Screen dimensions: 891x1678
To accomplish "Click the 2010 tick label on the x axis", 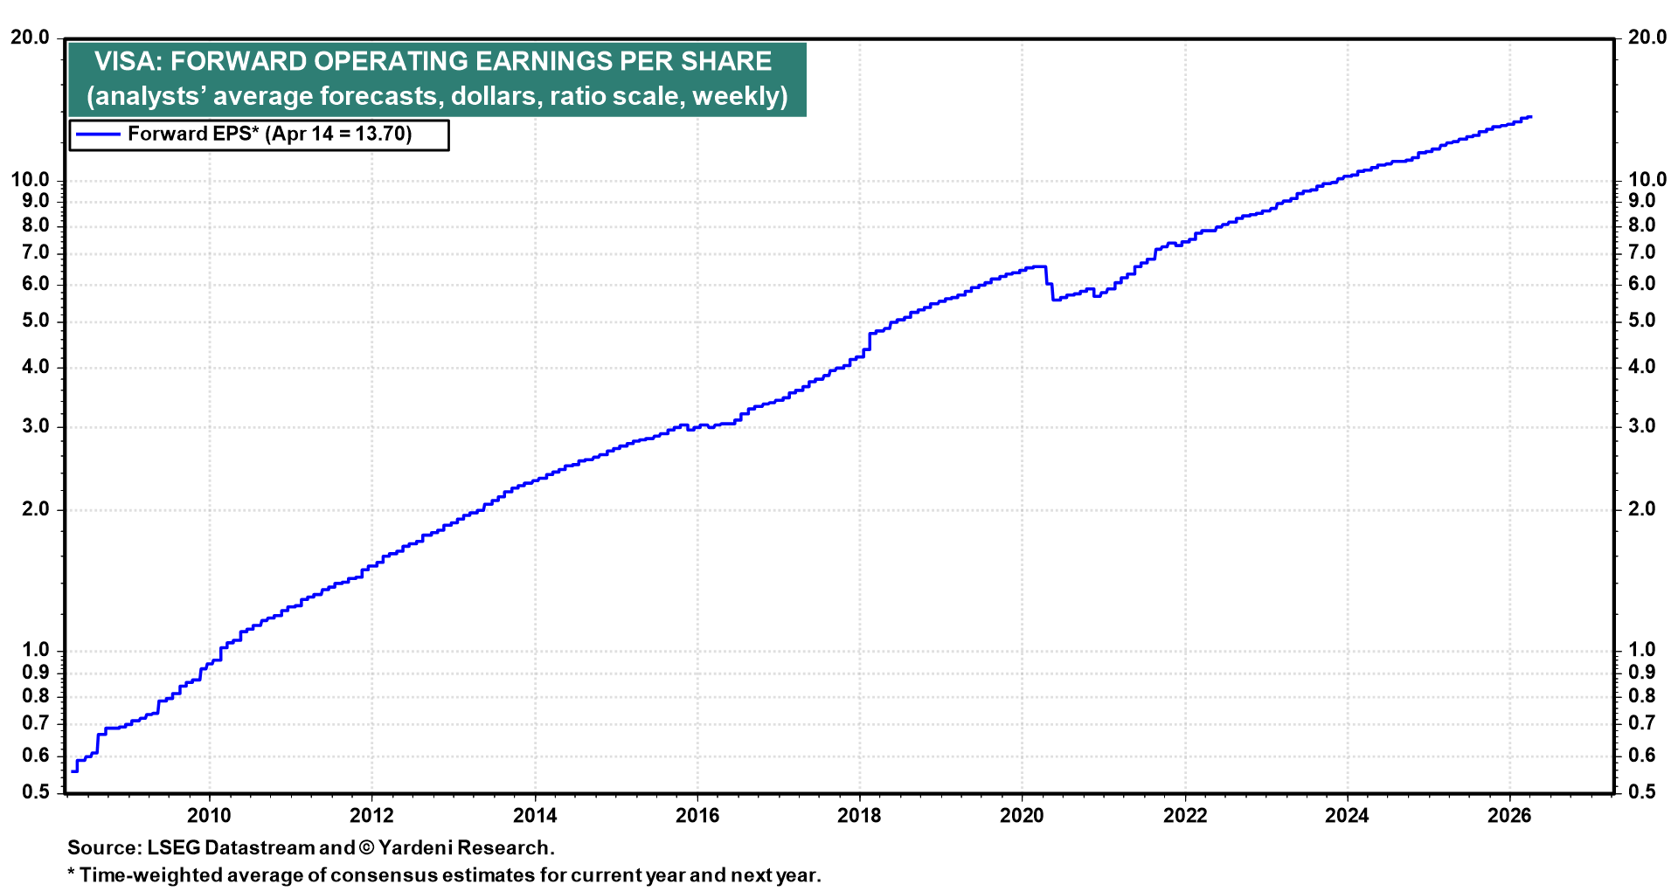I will (209, 816).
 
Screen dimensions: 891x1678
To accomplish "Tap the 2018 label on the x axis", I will (859, 816).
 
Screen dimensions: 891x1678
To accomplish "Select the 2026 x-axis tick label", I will (1509, 816).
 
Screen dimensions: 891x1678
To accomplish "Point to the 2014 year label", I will (534, 816).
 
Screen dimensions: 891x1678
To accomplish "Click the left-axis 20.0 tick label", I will (31, 38).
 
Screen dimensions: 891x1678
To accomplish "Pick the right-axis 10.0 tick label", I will (1647, 180).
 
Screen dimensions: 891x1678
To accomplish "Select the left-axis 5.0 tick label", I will (36, 321).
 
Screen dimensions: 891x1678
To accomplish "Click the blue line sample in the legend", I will (97, 135).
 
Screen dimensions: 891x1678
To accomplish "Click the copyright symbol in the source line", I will (366, 848).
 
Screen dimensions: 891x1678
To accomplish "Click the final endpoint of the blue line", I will (1530, 116).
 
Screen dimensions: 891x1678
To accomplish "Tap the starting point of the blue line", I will (73, 770).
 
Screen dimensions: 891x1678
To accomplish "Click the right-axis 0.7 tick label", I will (1641, 723).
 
